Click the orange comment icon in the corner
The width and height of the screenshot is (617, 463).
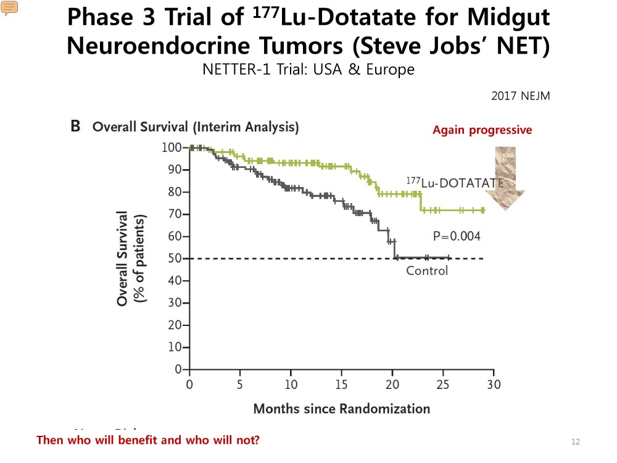[10, 8]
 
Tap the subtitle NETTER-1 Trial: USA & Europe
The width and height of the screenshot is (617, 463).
[308, 70]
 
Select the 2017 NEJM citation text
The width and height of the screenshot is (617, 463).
[520, 96]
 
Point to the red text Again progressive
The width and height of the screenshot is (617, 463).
[482, 130]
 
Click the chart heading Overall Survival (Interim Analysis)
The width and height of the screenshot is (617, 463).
[196, 128]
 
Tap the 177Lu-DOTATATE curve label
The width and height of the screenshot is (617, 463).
[455, 183]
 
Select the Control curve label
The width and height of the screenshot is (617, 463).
[427, 270]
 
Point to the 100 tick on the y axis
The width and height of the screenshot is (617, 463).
[171, 148]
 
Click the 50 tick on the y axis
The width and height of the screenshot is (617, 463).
[174, 259]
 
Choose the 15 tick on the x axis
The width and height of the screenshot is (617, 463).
[341, 385]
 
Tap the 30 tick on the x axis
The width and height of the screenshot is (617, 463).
[494, 385]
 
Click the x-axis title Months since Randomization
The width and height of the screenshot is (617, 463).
[342, 409]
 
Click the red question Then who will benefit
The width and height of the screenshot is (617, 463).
[148, 440]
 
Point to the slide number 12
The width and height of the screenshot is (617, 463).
[576, 441]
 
